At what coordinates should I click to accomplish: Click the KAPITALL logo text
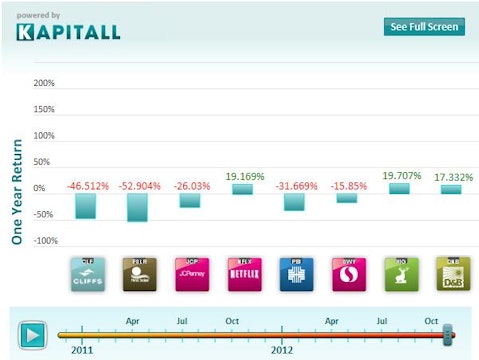pyautogui.click(x=68, y=31)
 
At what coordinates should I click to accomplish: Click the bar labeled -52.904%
pyautogui.click(x=138, y=207)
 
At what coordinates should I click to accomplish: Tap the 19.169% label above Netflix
pyautogui.click(x=243, y=177)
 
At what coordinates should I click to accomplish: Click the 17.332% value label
pyautogui.click(x=450, y=177)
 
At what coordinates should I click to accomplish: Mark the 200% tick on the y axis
pyautogui.click(x=44, y=83)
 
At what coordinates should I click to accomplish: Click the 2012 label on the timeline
pyautogui.click(x=283, y=351)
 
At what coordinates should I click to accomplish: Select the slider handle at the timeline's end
pyautogui.click(x=449, y=333)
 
